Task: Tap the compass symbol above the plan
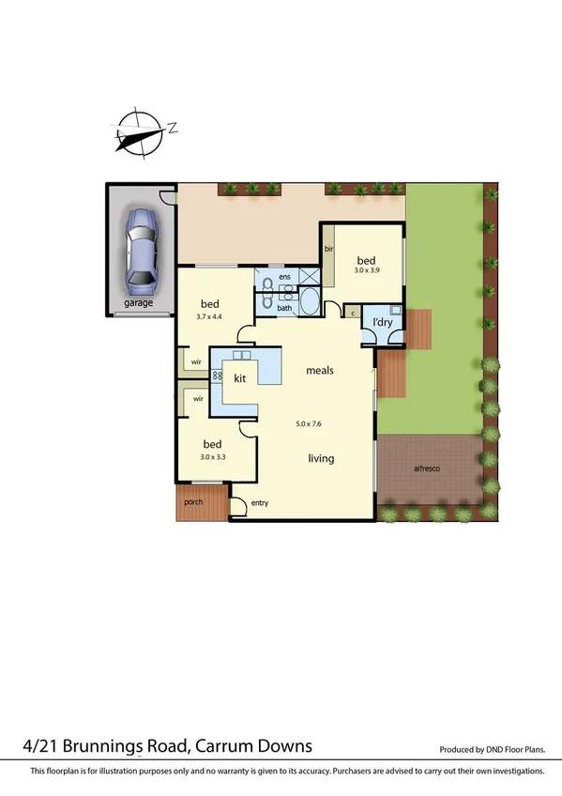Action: point(140,130)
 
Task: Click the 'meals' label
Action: point(320,370)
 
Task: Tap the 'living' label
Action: point(322,458)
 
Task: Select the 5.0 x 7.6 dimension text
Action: point(309,424)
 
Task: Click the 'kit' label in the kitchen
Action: point(239,378)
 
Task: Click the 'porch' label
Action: point(193,501)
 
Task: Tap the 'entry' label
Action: point(260,505)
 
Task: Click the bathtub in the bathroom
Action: point(309,305)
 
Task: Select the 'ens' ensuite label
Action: point(283,276)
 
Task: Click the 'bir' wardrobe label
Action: point(329,249)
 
